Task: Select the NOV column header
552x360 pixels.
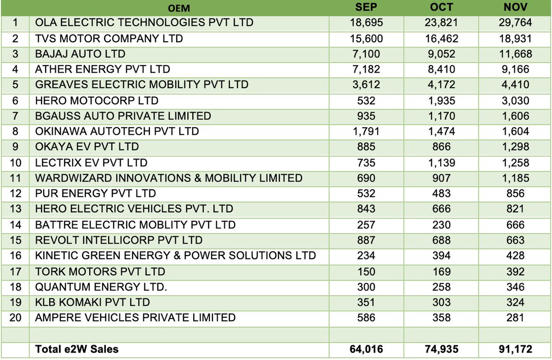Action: tap(515, 7)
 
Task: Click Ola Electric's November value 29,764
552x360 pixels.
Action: tap(515, 23)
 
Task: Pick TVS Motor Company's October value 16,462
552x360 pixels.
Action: tap(442, 39)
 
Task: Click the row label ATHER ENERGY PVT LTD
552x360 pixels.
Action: tap(103, 69)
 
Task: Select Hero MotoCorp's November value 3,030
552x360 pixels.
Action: tap(515, 101)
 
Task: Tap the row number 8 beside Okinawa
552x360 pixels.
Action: tap(15, 131)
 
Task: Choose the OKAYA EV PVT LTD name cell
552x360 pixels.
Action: tap(87, 147)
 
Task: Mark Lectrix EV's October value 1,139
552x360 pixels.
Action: tap(442, 163)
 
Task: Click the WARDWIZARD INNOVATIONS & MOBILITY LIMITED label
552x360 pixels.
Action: tap(169, 178)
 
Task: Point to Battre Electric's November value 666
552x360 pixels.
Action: tap(515, 225)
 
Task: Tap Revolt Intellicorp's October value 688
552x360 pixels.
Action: tap(442, 240)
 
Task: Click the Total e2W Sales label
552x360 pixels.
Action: tap(76, 349)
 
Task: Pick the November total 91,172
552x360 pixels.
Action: tap(515, 349)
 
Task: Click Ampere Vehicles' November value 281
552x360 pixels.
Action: tap(515, 318)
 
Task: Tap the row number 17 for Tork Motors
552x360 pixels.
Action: tap(15, 272)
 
